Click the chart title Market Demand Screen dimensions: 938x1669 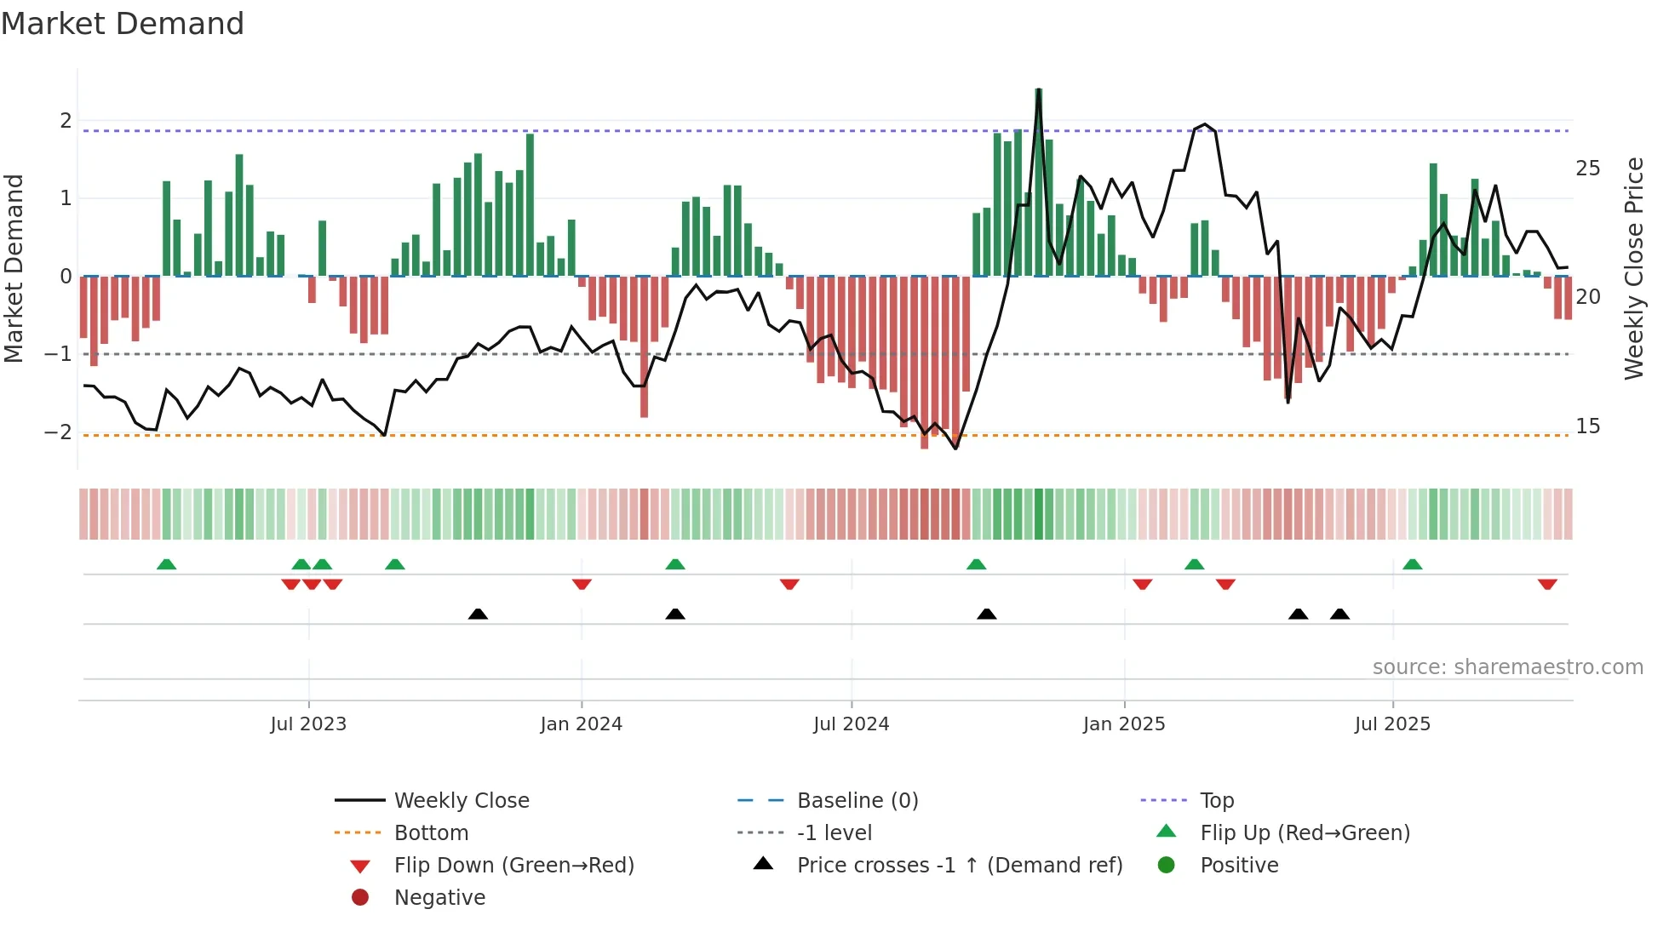123,24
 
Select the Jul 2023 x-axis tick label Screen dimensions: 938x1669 308,724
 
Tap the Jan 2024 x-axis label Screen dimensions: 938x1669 582,724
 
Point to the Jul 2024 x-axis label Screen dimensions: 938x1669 851,724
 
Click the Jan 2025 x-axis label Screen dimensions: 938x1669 1124,724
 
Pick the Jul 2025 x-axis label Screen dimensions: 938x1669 1392,724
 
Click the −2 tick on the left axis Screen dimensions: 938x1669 58,432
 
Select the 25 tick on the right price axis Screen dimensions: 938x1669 1587,169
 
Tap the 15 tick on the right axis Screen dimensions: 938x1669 1587,426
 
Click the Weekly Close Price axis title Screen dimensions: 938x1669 1633,268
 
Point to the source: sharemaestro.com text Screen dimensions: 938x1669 1507,667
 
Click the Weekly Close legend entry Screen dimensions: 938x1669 461,801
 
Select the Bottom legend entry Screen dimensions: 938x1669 431,833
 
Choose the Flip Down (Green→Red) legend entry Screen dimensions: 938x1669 513,866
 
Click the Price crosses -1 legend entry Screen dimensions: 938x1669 959,866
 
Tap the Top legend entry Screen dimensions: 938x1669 1217,801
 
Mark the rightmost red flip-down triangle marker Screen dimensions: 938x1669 1547,584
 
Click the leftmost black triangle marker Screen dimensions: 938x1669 478,614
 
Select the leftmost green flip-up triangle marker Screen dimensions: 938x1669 167,564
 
